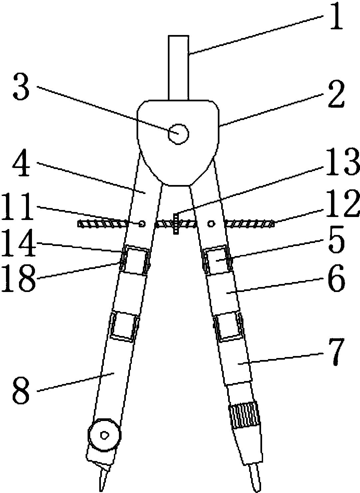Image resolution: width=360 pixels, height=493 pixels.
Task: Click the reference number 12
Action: click(x=342, y=205)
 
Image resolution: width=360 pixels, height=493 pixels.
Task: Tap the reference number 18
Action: click(x=18, y=278)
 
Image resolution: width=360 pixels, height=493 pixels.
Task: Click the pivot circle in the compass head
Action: click(x=179, y=134)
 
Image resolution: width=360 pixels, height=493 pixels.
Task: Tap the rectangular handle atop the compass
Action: click(x=179, y=68)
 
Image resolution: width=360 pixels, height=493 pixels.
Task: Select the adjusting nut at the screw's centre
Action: click(x=176, y=223)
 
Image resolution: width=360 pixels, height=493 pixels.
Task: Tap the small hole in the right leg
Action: click(x=211, y=224)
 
